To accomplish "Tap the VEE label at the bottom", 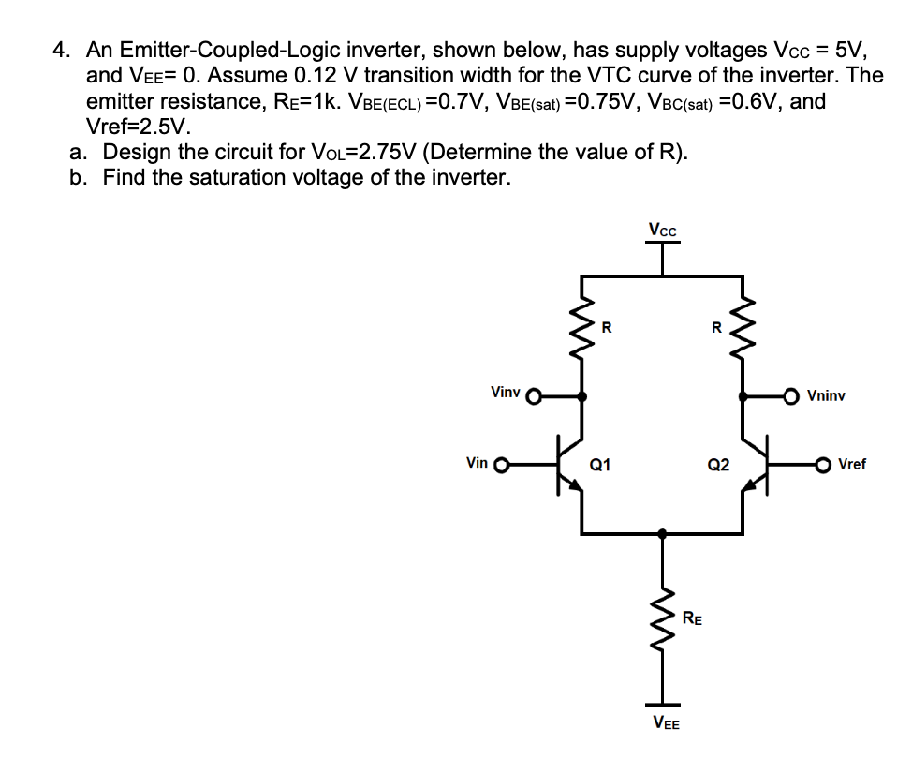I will tap(665, 723).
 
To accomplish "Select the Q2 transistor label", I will tap(718, 463).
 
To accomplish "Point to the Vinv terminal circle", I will tap(535, 396).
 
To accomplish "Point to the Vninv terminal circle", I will tap(791, 396).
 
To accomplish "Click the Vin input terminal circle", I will tap(500, 463).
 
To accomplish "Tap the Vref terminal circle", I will tap(823, 463).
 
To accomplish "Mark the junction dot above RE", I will tap(663, 533).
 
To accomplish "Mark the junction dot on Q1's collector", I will tap(582, 396).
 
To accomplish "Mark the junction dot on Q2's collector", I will tap(743, 396).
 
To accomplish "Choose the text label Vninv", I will tap(825, 396).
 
